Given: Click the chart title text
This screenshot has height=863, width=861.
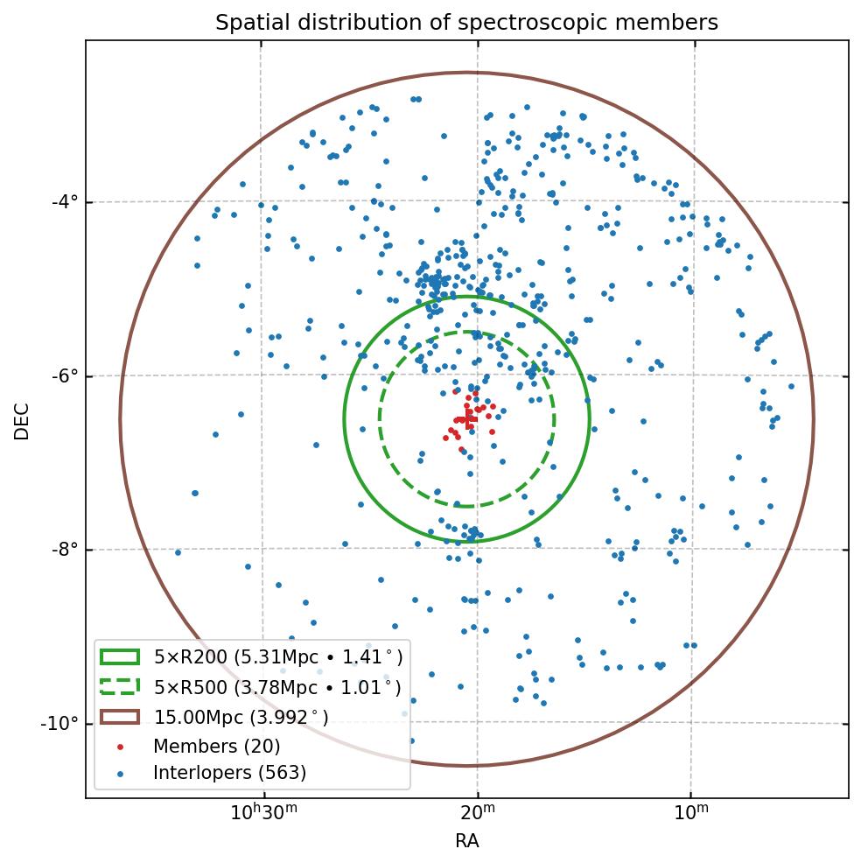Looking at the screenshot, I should [x=466, y=23].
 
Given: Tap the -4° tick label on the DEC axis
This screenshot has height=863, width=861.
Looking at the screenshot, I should [x=65, y=202].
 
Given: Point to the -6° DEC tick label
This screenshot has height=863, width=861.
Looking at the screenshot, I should [x=65, y=376].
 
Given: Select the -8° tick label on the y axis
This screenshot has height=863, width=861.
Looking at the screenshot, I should [x=65, y=550].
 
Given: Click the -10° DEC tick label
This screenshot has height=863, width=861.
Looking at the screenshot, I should [x=61, y=724].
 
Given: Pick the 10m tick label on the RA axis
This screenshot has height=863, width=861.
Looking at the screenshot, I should [x=691, y=816].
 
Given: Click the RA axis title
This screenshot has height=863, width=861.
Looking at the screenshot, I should [x=466, y=841].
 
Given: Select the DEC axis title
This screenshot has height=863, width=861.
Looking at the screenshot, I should [x=22, y=420].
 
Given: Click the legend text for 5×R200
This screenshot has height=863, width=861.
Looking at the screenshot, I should [x=278, y=657].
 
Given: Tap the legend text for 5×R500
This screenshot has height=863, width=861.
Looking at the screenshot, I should [x=278, y=687].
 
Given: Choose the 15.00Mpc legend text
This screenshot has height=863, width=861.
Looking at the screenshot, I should [x=241, y=718].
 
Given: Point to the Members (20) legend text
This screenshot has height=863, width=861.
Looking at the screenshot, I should [x=216, y=747].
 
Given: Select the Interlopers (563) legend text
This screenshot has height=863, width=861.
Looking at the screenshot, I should [x=229, y=773].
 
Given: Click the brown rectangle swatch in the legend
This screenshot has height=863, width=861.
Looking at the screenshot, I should [x=120, y=717].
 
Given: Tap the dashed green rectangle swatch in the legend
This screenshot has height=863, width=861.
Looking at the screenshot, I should [x=120, y=687].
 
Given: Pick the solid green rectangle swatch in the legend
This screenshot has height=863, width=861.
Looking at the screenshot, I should [x=120, y=657].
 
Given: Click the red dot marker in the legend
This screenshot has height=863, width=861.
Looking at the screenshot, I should [x=121, y=747].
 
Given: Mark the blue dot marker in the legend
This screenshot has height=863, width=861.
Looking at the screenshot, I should [x=121, y=774].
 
